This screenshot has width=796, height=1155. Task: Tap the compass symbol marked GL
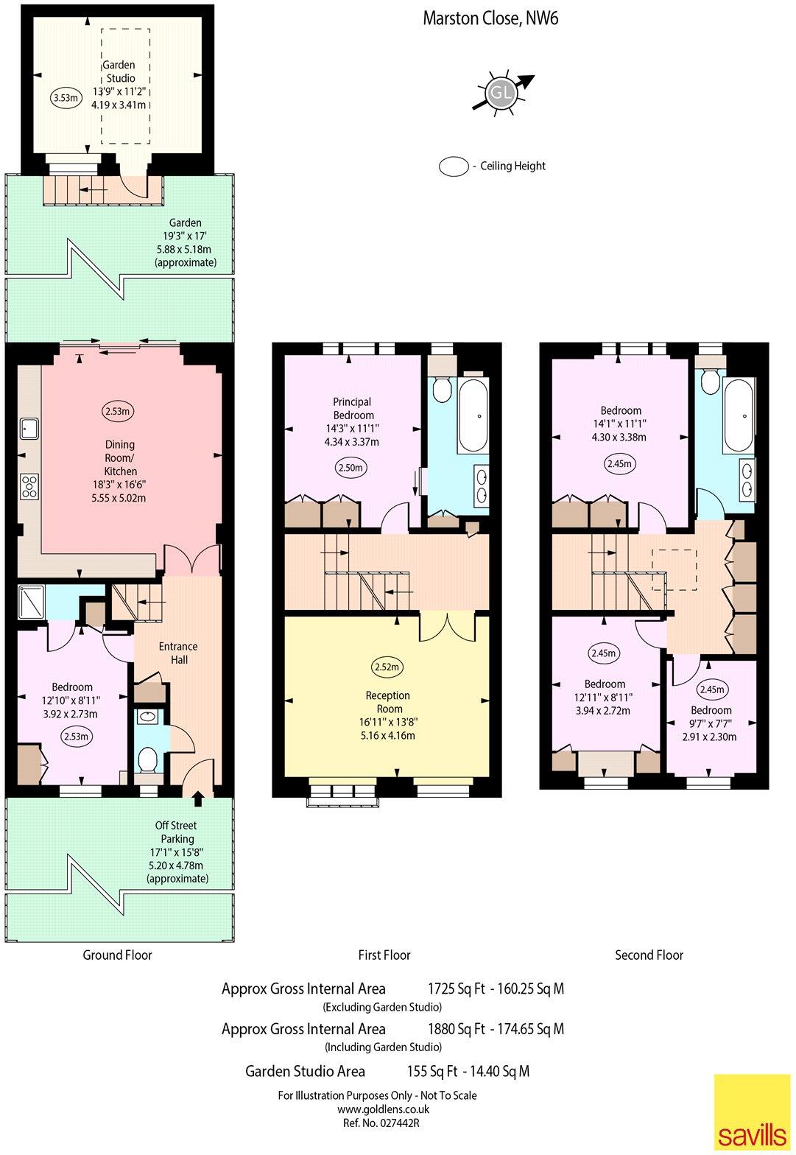(x=501, y=94)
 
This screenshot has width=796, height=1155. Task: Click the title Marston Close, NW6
(x=490, y=18)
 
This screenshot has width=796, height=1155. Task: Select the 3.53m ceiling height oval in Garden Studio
(x=65, y=97)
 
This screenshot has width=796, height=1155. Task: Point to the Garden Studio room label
(x=118, y=71)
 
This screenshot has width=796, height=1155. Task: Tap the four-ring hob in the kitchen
(x=29, y=485)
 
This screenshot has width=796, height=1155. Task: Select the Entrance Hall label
(x=178, y=653)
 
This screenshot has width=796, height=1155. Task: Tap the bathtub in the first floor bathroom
(x=473, y=416)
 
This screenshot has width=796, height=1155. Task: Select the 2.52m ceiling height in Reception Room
(x=387, y=667)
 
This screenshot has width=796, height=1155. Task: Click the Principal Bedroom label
(x=352, y=409)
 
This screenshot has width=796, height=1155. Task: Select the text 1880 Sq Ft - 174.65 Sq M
(x=496, y=1029)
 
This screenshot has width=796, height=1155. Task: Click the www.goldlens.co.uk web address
(x=383, y=1109)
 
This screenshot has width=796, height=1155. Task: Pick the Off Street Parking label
(x=177, y=832)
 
